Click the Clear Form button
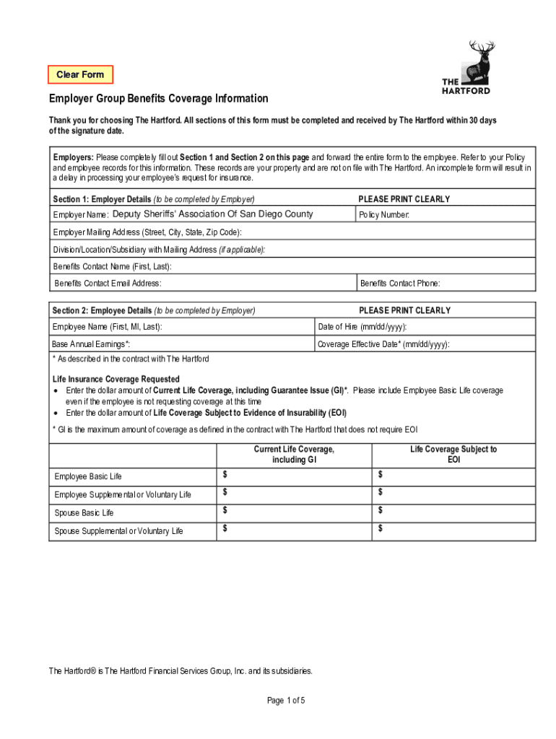click(80, 74)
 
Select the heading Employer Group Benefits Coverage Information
click(158, 98)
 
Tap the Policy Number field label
click(385, 215)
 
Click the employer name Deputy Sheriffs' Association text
click(212, 214)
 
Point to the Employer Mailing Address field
click(292, 232)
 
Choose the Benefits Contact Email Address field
click(202, 284)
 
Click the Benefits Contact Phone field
click(446, 284)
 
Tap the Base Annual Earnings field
click(181, 344)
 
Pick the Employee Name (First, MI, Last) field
click(181, 327)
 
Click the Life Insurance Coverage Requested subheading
click(116, 379)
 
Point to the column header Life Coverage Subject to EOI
click(453, 454)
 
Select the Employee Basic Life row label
click(88, 476)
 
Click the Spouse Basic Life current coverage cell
click(294, 512)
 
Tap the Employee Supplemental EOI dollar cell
click(453, 494)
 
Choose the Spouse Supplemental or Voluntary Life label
click(118, 531)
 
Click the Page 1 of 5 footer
click(287, 700)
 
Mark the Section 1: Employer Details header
click(154, 198)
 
